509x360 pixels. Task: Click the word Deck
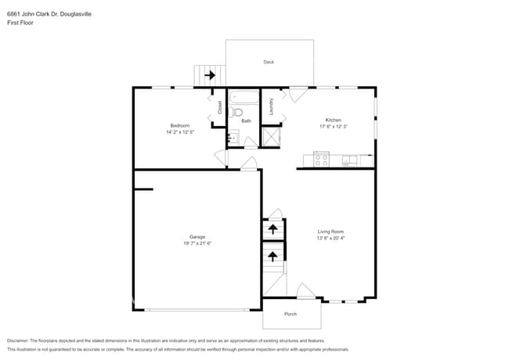click(x=269, y=62)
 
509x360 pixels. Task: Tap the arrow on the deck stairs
click(x=209, y=76)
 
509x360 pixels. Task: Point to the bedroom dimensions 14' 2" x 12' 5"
click(x=180, y=132)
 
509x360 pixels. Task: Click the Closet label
click(x=220, y=107)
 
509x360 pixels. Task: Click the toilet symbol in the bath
click(x=238, y=113)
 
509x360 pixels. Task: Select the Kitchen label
click(x=333, y=120)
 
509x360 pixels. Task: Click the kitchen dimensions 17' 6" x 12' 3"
click(x=333, y=127)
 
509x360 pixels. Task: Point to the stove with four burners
click(x=320, y=160)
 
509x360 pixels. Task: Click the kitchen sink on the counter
click(x=349, y=160)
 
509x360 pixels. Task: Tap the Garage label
click(x=197, y=236)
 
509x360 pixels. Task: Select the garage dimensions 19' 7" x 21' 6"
click(x=197, y=243)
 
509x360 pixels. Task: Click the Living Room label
click(x=330, y=231)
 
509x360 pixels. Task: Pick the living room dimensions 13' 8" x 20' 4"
click(x=330, y=238)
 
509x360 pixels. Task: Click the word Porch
click(x=291, y=314)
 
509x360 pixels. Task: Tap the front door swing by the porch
click(x=306, y=293)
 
